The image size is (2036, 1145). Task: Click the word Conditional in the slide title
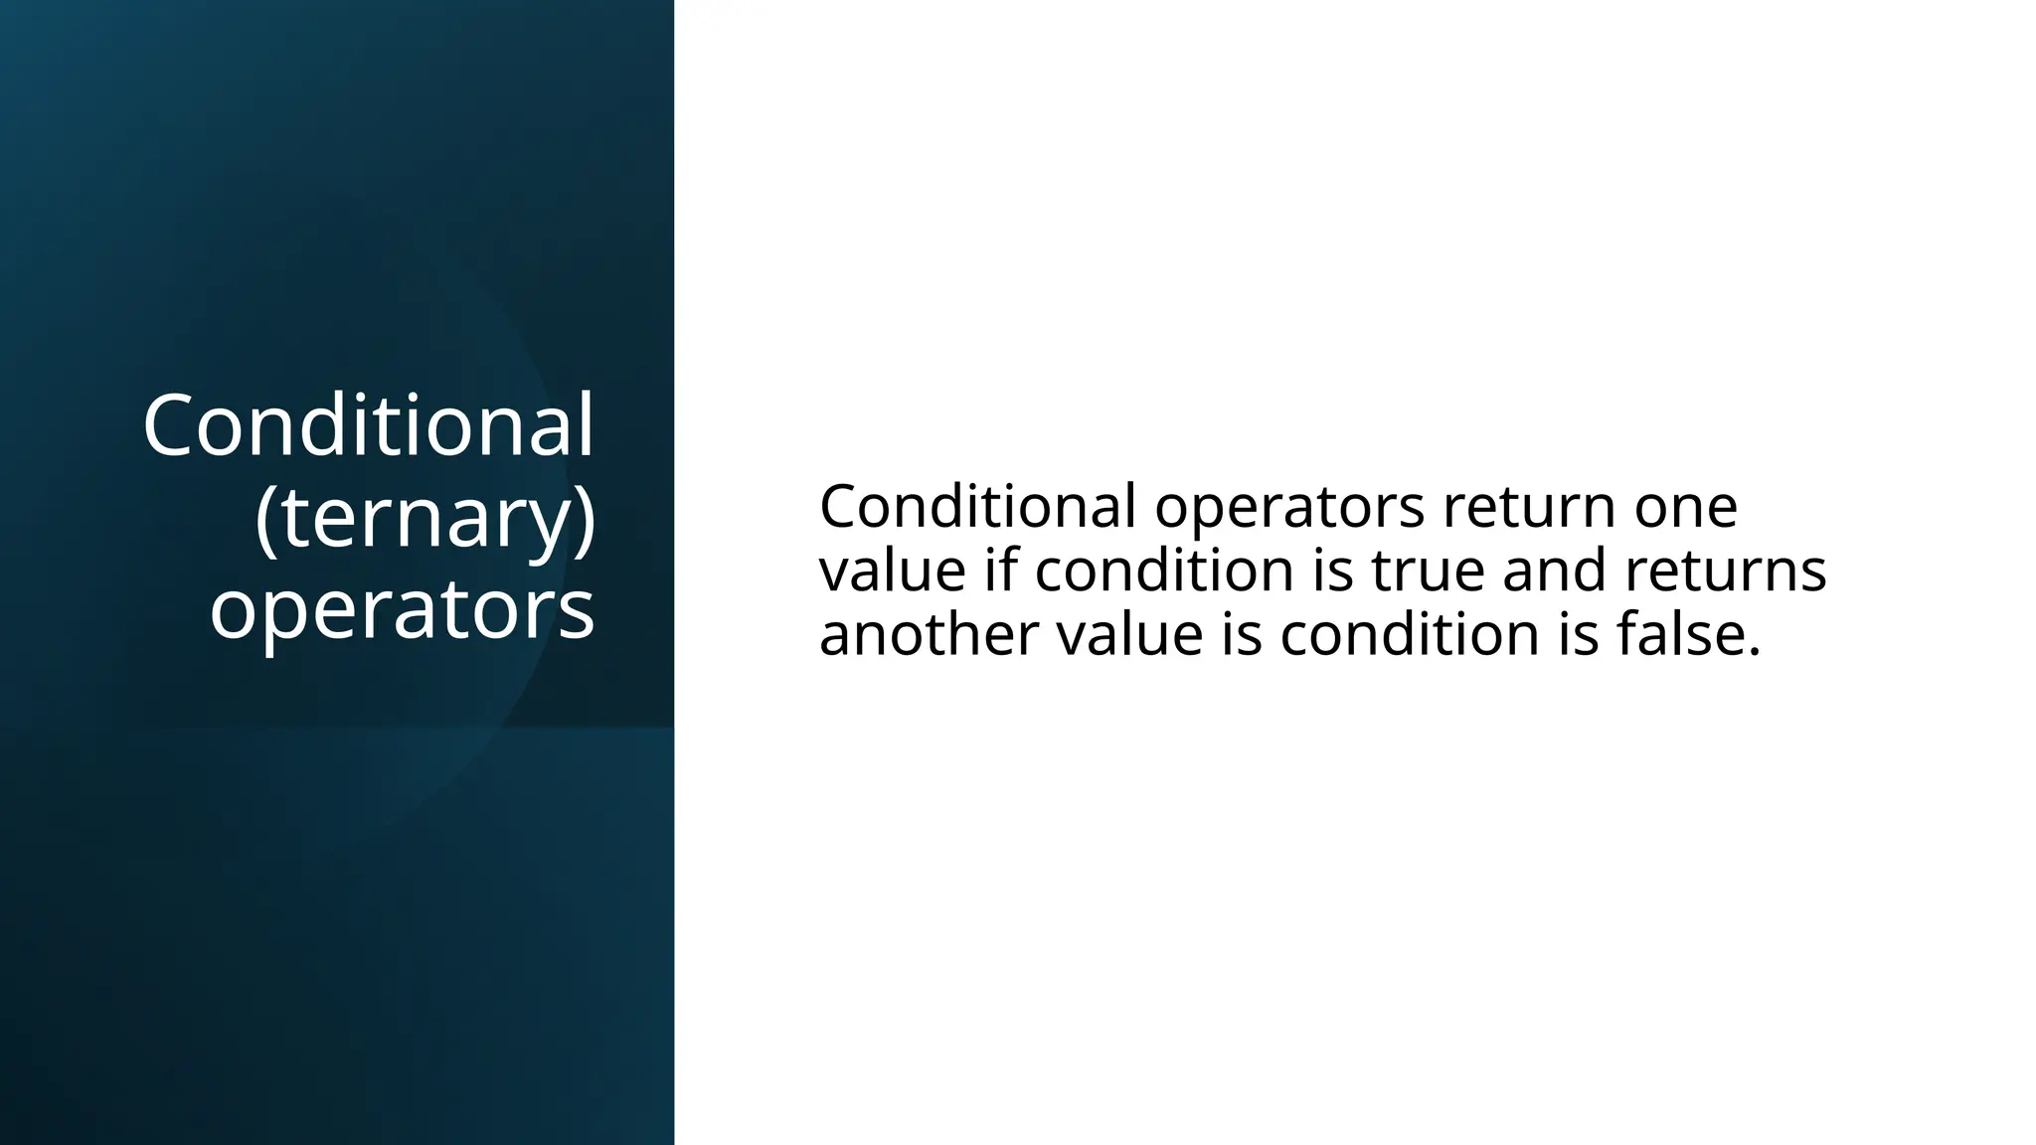click(368, 425)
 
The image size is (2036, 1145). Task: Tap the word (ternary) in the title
click(424, 518)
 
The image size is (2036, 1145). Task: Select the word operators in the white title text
click(403, 608)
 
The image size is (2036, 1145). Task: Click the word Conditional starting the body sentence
click(976, 506)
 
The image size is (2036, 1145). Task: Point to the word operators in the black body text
click(1289, 508)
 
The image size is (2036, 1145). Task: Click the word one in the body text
click(1686, 508)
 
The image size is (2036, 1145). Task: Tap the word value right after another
click(1129, 634)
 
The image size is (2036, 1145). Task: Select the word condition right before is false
click(1409, 634)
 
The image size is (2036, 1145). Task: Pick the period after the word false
click(1754, 652)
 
